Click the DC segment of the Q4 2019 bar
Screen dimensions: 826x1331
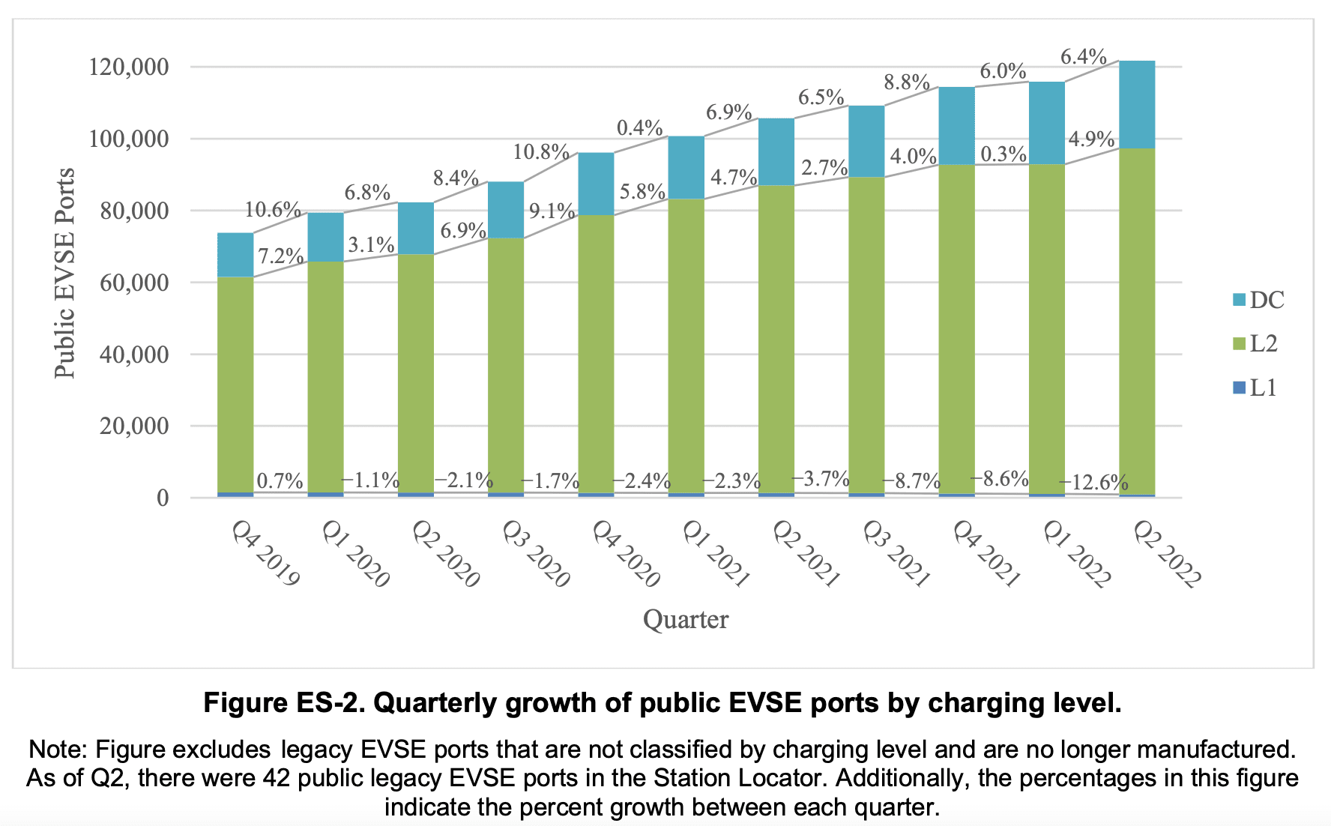click(235, 255)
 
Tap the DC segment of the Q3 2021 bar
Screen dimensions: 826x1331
click(866, 141)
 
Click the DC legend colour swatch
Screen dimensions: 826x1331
click(1239, 300)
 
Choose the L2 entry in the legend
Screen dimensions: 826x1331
click(1263, 343)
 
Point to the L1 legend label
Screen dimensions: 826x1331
click(1264, 388)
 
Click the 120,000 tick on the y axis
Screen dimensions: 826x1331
click(129, 67)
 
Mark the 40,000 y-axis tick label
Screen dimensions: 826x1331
click(134, 355)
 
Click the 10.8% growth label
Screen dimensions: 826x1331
click(541, 152)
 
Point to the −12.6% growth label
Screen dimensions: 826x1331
click(1093, 482)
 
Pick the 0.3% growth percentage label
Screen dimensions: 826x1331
click(1003, 154)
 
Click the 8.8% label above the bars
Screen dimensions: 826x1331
click(907, 82)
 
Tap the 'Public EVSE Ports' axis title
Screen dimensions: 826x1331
click(65, 274)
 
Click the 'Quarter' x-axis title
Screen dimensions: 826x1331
click(685, 620)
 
